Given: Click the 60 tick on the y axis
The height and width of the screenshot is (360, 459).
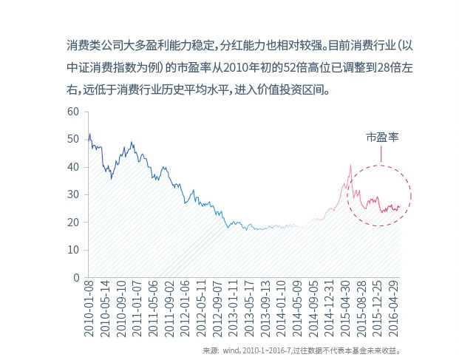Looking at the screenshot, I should pos(72,112).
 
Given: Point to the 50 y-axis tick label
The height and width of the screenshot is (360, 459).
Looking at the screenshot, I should pos(72,139).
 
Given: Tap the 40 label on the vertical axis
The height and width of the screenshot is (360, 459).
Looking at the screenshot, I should pos(72,167).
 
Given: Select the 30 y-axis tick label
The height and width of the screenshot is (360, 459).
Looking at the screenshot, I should pos(72,194).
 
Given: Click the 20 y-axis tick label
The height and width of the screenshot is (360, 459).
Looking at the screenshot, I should pos(72,223).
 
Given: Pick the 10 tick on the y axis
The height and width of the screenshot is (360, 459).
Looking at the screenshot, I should pos(72,250).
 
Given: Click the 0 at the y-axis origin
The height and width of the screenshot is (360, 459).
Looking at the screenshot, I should pos(75,278).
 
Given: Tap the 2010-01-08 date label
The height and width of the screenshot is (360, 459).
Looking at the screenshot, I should pos(89,310).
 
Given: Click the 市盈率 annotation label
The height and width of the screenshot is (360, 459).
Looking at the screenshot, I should pos(382,137).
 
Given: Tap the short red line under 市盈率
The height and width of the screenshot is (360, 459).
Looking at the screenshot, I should pos(381,154).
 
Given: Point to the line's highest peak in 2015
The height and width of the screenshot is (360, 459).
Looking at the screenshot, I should pos(351,165).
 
